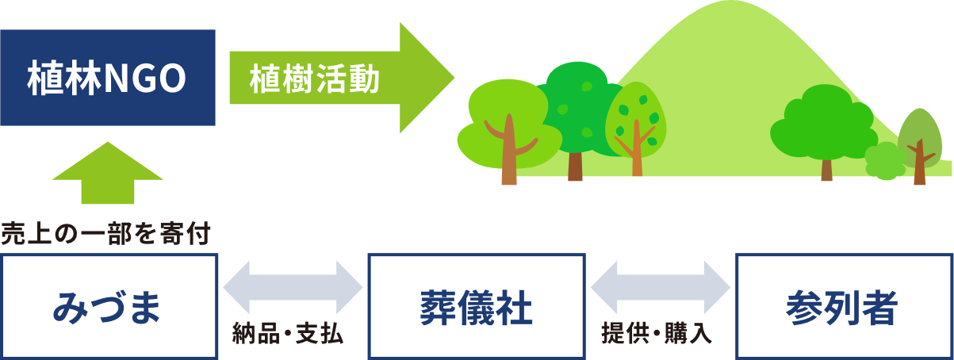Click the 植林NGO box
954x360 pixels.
[108, 78]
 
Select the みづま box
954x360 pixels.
[109, 307]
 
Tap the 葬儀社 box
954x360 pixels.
[477, 307]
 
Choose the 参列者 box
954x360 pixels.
[845, 307]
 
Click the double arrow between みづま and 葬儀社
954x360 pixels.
[293, 287]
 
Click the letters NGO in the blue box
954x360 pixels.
[146, 79]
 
